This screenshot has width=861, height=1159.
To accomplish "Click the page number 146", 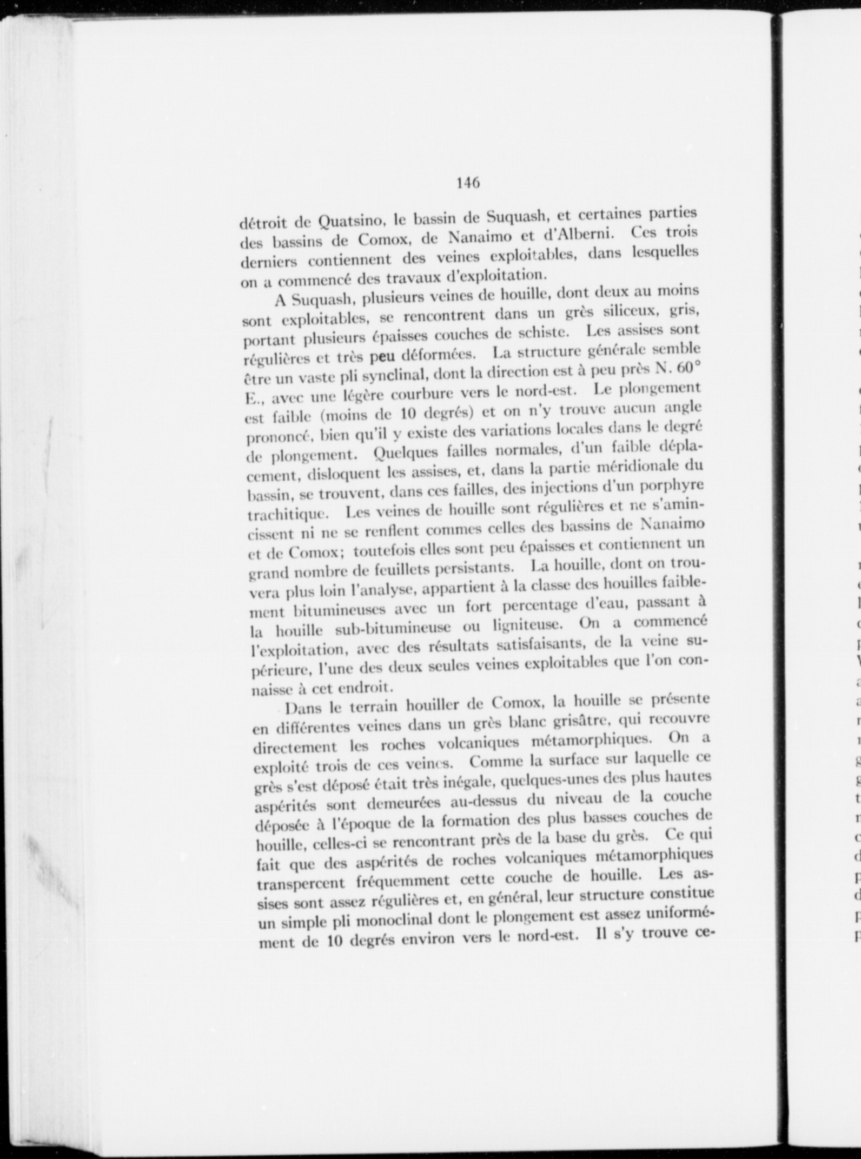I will click(x=468, y=183).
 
